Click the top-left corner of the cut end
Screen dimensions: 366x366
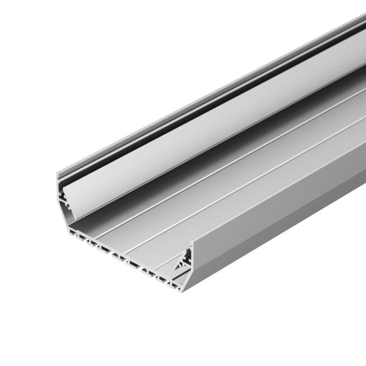(59, 176)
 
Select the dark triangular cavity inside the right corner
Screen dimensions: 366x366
(181, 266)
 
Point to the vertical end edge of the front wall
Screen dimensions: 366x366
(192, 262)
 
